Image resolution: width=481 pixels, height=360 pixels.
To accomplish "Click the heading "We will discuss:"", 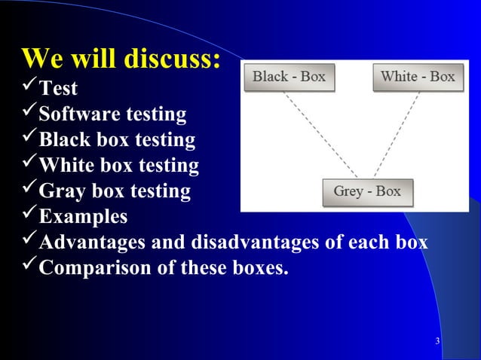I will coord(121,59).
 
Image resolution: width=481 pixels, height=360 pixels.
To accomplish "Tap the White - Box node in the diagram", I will coord(417,77).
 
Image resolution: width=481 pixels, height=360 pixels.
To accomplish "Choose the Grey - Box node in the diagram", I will coord(367,191).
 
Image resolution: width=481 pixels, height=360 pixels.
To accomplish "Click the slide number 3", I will coord(437,343).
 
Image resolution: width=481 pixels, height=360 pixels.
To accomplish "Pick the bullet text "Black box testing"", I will coord(117,141).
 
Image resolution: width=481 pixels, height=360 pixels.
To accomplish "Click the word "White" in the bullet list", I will coord(63,166).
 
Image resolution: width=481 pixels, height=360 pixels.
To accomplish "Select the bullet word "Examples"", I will coord(83,218).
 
